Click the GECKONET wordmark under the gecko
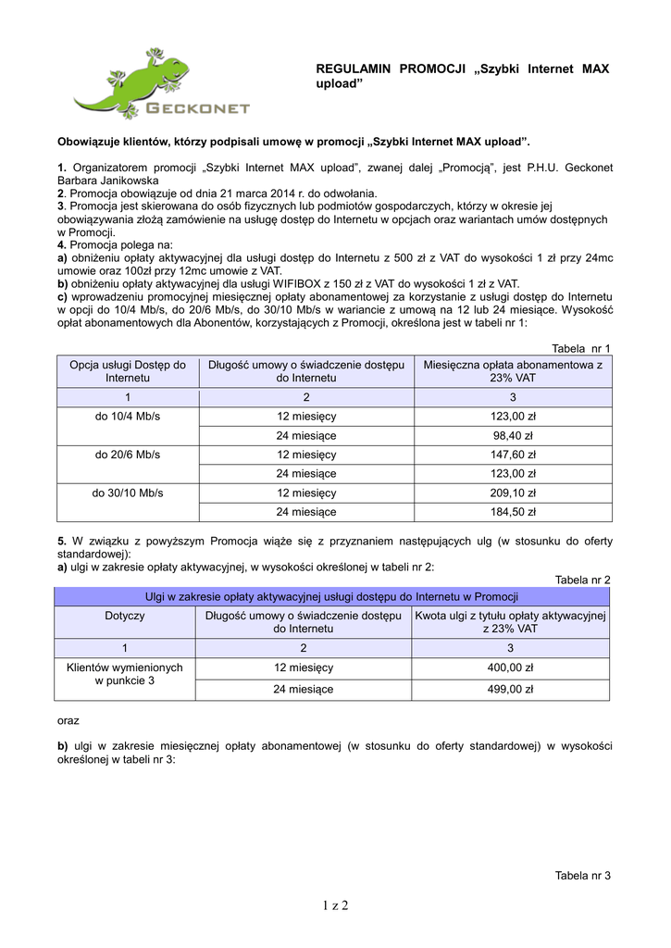(198, 109)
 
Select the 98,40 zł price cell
(513, 435)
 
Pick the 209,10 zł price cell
(513, 493)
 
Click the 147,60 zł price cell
(513, 455)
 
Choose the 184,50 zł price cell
(513, 511)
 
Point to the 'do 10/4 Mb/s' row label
(128, 417)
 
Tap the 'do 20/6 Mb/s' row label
(128, 455)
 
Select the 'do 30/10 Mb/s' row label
(128, 493)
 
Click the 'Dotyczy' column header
(125, 615)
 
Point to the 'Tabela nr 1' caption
(581, 347)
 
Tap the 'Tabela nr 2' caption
(582, 580)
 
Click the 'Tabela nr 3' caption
(582, 876)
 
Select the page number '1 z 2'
(335, 905)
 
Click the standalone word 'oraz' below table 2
(68, 719)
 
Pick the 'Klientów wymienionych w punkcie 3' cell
(125, 674)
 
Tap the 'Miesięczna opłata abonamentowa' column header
(513, 371)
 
